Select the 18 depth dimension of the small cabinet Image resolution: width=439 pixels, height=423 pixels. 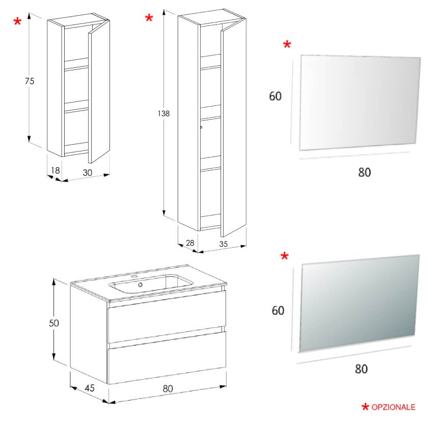pos(56,171)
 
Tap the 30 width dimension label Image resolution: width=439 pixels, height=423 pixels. pos(87,173)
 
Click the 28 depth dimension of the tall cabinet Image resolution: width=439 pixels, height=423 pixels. pos(189,243)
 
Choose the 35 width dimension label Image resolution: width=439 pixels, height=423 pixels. pos(223,244)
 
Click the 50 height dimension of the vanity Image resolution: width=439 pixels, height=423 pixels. pos(54,323)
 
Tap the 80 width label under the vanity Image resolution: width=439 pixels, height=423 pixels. pos(168,388)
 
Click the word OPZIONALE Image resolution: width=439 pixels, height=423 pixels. pos(393,407)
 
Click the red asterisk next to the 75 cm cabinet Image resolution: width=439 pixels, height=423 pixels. pos(18,22)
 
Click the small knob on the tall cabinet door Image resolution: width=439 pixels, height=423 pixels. pos(202,127)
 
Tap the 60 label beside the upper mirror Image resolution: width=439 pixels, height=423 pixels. pos(276,96)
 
